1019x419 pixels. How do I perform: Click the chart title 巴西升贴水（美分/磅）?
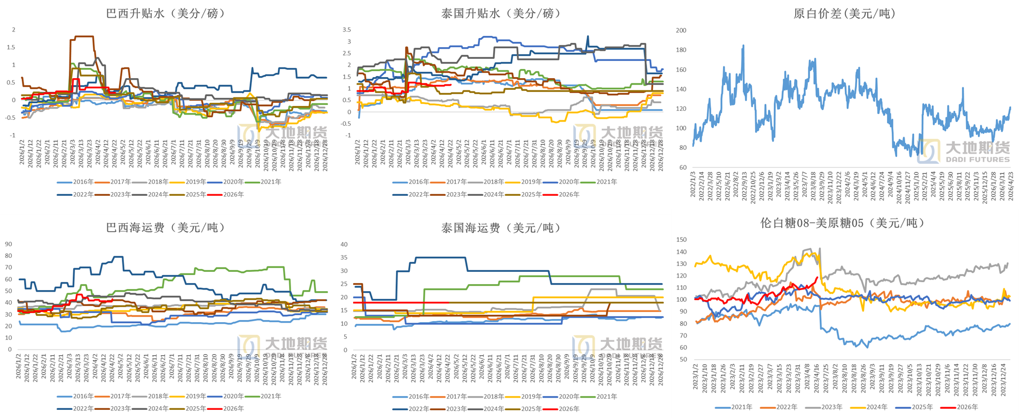point(166,13)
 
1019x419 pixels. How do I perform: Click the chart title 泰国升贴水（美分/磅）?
point(501,13)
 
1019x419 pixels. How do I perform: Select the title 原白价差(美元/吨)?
point(844,13)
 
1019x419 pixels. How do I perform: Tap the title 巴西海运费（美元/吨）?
point(166,227)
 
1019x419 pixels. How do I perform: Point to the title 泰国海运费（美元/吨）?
point(501,228)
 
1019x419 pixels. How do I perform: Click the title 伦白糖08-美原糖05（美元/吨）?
point(843,223)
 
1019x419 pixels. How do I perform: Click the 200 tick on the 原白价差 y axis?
point(681,31)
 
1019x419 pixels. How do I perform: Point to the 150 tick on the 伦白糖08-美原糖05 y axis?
point(681,240)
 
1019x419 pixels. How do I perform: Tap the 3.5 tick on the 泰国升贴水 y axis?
point(347,30)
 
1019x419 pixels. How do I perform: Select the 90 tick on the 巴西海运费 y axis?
point(9,244)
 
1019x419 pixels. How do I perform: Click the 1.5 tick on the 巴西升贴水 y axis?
point(11,48)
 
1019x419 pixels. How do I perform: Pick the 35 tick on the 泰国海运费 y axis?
point(344,257)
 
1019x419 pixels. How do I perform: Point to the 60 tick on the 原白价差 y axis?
point(683,167)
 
